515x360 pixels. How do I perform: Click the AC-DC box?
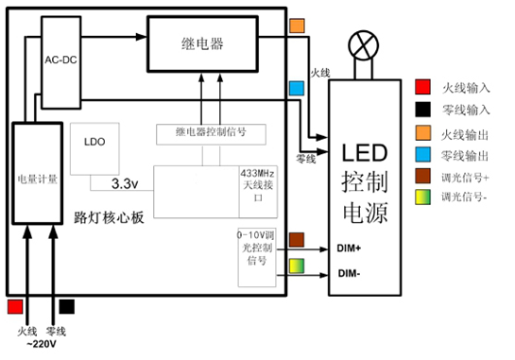61,59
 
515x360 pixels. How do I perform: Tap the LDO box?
94,143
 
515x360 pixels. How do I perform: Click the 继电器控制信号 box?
211,134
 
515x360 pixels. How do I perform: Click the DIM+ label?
350,249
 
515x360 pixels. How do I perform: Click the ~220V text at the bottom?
43,344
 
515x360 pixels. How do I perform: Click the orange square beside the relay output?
297,26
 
